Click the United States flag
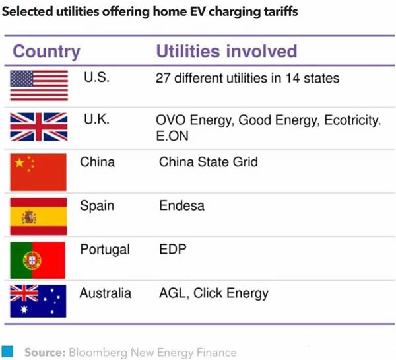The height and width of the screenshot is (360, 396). click(39, 85)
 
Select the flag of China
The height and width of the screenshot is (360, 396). click(38, 172)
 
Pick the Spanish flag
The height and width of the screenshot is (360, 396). click(38, 216)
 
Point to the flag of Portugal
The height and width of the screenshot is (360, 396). click(38, 260)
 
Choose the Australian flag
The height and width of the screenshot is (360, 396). click(38, 301)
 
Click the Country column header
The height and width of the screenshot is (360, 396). click(46, 52)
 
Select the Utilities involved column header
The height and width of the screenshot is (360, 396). click(226, 52)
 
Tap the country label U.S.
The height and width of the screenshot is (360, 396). click(96, 78)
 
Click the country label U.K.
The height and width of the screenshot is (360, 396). click(96, 120)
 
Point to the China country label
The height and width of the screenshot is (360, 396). click(97, 162)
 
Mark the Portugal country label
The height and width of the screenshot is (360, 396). click(105, 250)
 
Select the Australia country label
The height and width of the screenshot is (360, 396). click(106, 293)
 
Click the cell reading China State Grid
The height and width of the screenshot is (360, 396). click(209, 162)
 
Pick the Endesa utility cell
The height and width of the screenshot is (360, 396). click(181, 205)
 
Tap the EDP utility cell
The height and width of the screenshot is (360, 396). click(173, 250)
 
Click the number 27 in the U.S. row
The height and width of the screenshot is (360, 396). click(163, 78)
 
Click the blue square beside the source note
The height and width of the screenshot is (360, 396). click(7, 351)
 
